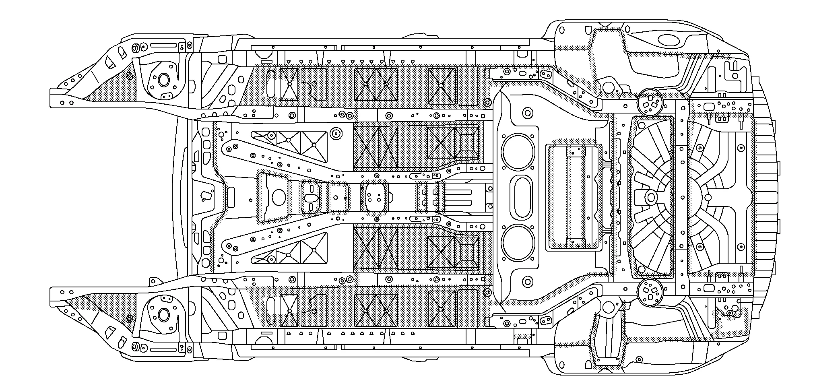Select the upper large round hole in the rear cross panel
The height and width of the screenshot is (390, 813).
518,152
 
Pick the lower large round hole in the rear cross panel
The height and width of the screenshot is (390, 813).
518,242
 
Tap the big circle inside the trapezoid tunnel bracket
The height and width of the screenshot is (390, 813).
279,197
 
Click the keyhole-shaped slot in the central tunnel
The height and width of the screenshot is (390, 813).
311,197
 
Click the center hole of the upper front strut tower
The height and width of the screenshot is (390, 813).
163,80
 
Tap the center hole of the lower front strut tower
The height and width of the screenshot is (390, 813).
163,314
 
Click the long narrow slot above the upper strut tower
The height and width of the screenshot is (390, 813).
163,45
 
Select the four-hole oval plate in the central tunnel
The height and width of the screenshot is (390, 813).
375,197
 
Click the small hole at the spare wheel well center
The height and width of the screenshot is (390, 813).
708,197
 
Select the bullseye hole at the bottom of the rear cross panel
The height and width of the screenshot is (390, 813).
528,282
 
